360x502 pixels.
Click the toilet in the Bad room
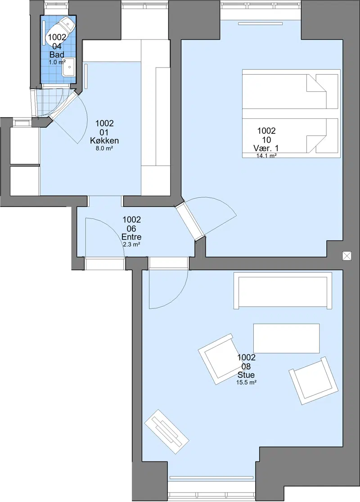click(x=61, y=28)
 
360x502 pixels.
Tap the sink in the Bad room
click(x=68, y=67)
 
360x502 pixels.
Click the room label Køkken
click(x=104, y=140)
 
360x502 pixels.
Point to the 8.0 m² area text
click(x=104, y=149)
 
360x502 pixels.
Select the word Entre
click(x=131, y=237)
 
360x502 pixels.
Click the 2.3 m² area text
click(x=131, y=244)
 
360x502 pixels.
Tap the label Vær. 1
click(x=266, y=148)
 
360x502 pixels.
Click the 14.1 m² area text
click(x=266, y=156)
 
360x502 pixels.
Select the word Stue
click(x=246, y=375)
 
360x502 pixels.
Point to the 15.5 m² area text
click(x=247, y=383)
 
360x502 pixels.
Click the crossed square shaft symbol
click(x=347, y=256)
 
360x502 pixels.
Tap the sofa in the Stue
click(x=283, y=291)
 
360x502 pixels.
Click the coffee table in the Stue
click(x=286, y=339)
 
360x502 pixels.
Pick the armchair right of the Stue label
click(x=313, y=380)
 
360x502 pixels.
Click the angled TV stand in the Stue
click(x=166, y=431)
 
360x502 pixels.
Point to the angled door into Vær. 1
click(x=190, y=221)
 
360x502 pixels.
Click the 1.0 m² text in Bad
click(x=57, y=62)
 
